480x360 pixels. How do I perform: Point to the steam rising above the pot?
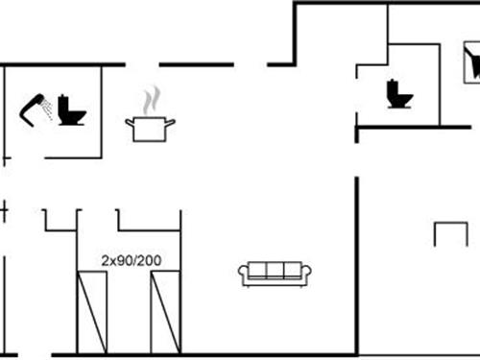[x=151, y=100]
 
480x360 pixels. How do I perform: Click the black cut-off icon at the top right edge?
[x=471, y=65]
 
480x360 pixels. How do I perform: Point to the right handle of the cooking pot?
[x=173, y=122]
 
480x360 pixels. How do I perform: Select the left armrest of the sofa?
[x=243, y=275]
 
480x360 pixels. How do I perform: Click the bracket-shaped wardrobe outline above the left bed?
[x=60, y=221]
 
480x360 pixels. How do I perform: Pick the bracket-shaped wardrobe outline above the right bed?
[x=149, y=221]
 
